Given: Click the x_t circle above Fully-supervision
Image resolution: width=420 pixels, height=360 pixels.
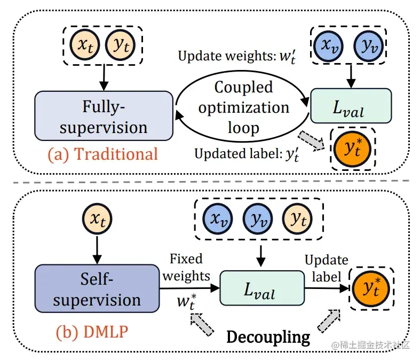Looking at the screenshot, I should [88, 45].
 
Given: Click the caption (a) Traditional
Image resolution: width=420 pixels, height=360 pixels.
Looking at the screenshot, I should [102, 154].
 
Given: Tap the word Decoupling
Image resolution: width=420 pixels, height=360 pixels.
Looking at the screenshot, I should [268, 336].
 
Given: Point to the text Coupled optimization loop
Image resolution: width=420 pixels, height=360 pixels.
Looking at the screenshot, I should [243, 107].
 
